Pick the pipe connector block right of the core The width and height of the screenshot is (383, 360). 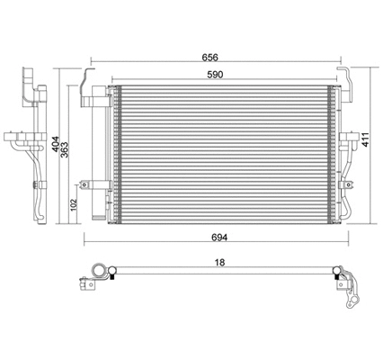coord(346,141)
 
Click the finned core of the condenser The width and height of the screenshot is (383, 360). coord(225,153)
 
